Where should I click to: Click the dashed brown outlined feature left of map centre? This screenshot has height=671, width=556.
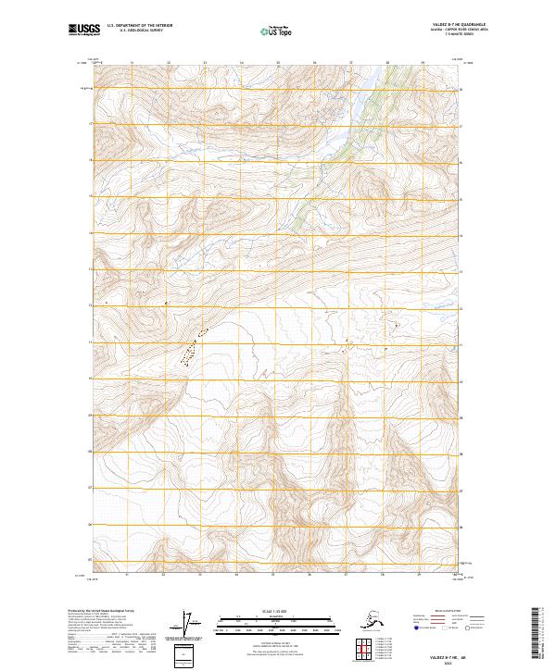[x=193, y=350]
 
